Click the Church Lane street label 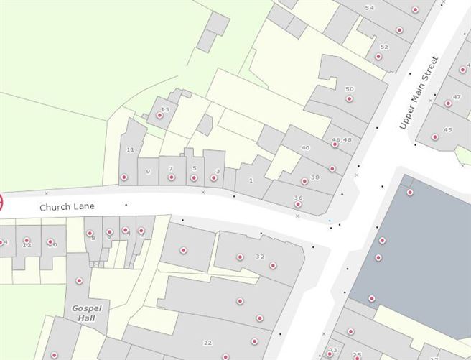click(x=67, y=206)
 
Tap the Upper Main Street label click(x=418, y=93)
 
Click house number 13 click(x=165, y=109)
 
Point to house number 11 click(x=130, y=149)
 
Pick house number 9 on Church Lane click(x=148, y=171)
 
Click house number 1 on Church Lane click(x=251, y=180)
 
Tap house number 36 click(x=298, y=198)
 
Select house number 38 click(x=314, y=177)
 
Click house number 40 click(x=305, y=147)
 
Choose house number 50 click(x=350, y=89)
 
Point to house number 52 click(x=384, y=47)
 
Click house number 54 click(x=370, y=8)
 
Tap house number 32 click(x=260, y=257)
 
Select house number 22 click(x=208, y=343)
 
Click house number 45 click(x=448, y=130)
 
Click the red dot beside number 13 click(x=160, y=116)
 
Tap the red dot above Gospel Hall click(x=79, y=280)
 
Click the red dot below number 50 click(x=350, y=99)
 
